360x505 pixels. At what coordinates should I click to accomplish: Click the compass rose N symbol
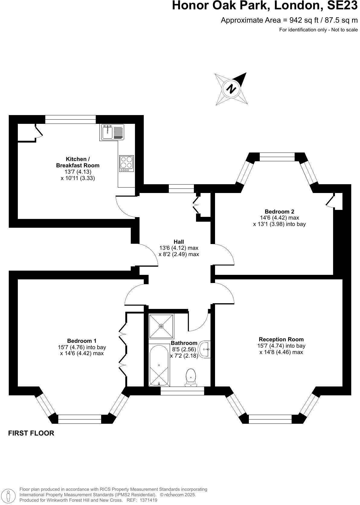click(231, 89)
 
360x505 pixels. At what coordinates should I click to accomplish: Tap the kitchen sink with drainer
click(112, 132)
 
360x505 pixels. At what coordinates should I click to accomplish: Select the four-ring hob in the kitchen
click(127, 163)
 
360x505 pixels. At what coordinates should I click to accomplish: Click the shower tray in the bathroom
click(161, 326)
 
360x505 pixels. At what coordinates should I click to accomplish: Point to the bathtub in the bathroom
click(159, 365)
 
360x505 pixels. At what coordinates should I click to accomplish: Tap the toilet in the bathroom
click(191, 377)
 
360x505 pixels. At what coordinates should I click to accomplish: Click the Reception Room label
click(281, 339)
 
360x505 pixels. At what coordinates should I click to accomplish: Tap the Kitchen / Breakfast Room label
click(78, 162)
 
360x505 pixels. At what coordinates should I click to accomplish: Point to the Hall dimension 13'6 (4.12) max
click(179, 248)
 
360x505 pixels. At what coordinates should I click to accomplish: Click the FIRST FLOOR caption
click(31, 433)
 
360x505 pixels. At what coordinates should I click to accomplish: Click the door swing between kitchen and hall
click(125, 207)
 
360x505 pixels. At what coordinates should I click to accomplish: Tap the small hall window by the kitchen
click(181, 188)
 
